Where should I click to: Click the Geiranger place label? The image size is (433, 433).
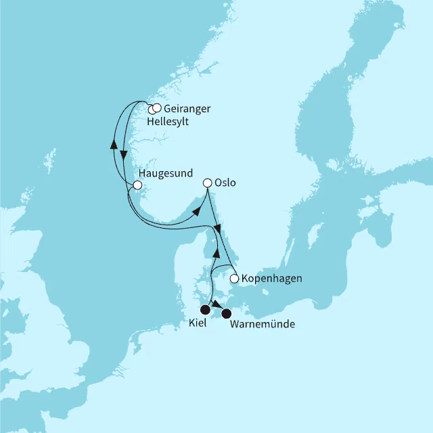[x=187, y=108]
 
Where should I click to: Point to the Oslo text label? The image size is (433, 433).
[x=225, y=183]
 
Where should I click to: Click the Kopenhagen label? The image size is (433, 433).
[x=271, y=278]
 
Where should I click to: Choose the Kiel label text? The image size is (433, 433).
[x=198, y=324]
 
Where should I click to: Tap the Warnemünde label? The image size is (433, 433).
[x=263, y=325]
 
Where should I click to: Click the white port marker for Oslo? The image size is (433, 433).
[x=208, y=182]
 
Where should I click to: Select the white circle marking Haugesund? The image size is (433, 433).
[x=137, y=185]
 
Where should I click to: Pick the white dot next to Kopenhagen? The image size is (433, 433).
[x=234, y=278]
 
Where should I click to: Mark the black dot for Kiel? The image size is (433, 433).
[x=205, y=310]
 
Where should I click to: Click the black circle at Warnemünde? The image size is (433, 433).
[x=227, y=313]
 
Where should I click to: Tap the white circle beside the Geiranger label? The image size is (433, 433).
[x=157, y=108]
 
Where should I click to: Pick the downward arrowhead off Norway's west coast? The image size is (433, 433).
[x=124, y=156]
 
